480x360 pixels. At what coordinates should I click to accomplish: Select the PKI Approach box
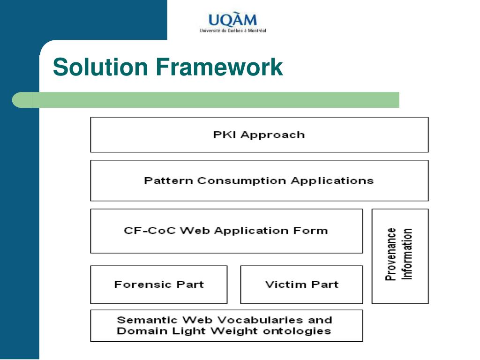click(x=259, y=135)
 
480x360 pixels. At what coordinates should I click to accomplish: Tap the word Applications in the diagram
click(x=332, y=180)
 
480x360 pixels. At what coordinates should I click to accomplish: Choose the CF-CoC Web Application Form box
click(x=226, y=231)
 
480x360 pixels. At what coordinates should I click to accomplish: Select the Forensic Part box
click(x=158, y=285)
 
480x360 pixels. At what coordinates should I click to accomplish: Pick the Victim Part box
click(x=301, y=285)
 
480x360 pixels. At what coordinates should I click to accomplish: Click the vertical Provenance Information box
click(x=400, y=255)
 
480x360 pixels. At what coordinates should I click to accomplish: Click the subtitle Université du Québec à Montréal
click(x=232, y=31)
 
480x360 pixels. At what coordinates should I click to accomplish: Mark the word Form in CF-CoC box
click(x=314, y=231)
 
